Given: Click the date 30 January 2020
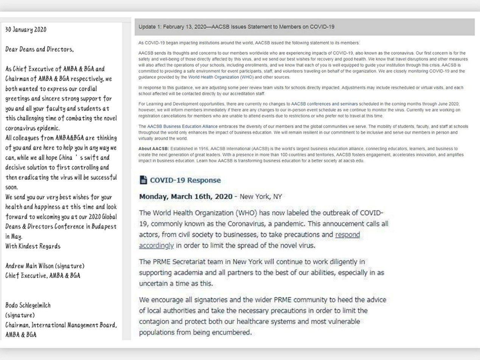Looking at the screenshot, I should (26, 30).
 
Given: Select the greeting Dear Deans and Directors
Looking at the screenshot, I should (40, 49).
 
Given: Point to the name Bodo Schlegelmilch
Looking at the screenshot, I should (28, 305).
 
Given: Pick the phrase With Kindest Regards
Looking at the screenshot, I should (33, 246).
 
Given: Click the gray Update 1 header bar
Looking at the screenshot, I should (304, 27).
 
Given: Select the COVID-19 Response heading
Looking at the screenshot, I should (185, 180).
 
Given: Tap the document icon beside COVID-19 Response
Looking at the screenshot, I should (143, 180).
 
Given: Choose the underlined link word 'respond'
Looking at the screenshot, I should (347, 235).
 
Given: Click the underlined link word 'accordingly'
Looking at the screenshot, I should (156, 245).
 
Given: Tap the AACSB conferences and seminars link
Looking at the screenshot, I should (324, 104).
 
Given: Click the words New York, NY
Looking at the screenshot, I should (261, 196).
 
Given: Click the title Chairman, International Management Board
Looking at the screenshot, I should (61, 325).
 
